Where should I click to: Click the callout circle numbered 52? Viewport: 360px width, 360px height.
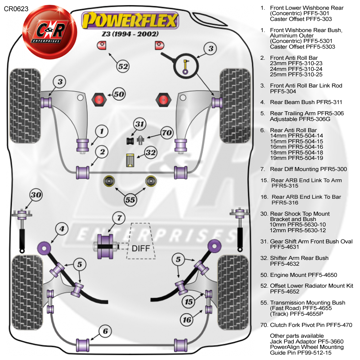(123, 66)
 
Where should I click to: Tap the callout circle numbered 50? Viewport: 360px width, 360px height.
(119, 94)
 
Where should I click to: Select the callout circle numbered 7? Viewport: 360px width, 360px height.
(119, 218)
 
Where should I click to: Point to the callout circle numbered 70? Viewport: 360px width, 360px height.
(167, 133)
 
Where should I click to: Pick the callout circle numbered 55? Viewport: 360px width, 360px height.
(130, 200)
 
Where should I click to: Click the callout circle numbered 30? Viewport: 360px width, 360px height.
(36, 195)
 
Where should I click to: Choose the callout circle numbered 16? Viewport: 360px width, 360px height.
(187, 320)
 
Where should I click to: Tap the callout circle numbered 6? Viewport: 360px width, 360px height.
(105, 331)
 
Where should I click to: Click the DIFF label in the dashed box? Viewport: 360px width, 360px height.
(141, 248)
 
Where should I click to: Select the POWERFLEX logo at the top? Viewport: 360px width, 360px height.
(130, 20)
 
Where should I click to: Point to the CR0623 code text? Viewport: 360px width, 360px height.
(16, 9)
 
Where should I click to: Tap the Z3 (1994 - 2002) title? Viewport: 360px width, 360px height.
(130, 34)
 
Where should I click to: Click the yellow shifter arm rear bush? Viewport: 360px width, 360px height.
(130, 160)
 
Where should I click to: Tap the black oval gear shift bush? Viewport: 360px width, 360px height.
(130, 141)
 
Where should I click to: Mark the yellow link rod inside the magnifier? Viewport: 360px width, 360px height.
(185, 67)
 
